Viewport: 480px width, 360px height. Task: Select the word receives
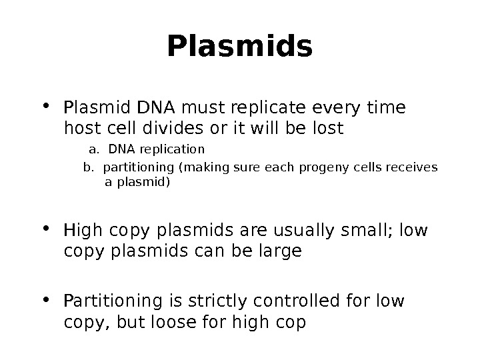pos(414,167)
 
